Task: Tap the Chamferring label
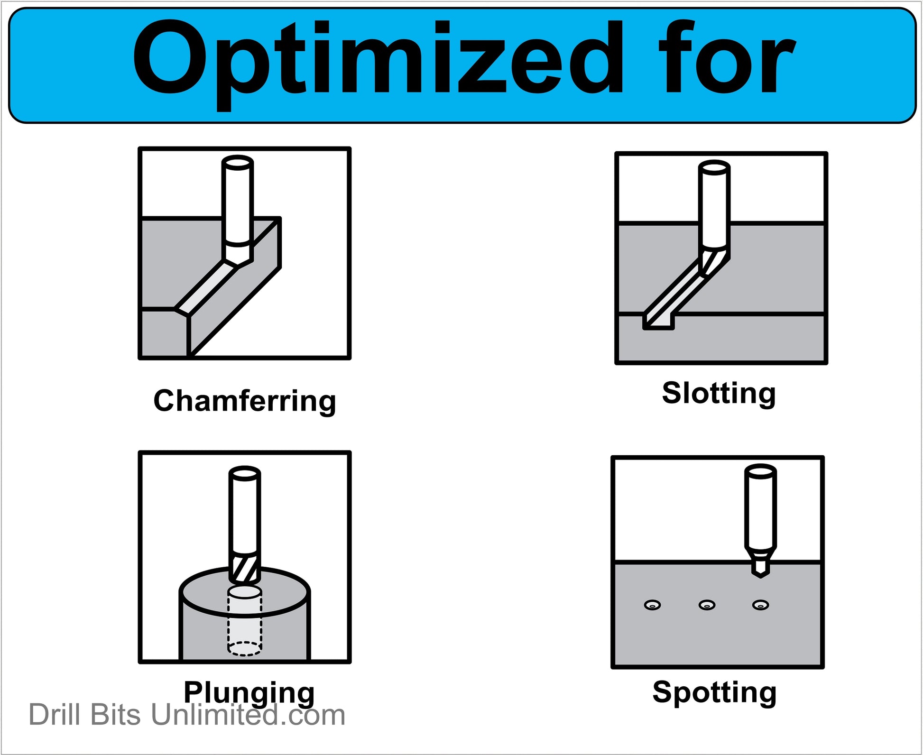pos(245,402)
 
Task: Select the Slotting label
pos(719,394)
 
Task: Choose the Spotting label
pos(714,693)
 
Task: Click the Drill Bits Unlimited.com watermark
pos(187,715)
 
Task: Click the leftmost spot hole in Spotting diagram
pos(653,605)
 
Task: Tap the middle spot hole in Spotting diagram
pos(707,605)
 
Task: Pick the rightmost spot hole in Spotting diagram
pos(761,605)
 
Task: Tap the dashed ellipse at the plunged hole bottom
pos(245,648)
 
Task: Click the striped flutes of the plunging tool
pos(245,568)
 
